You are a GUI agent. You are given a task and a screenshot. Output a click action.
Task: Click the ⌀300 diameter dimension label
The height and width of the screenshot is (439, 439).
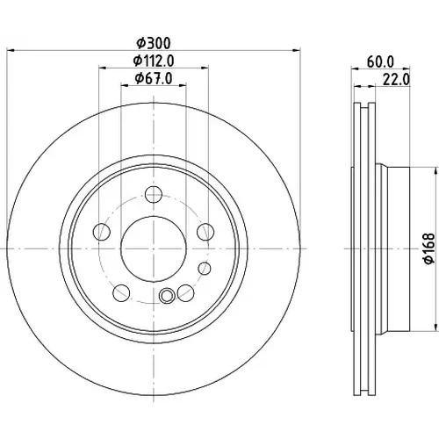[154, 43]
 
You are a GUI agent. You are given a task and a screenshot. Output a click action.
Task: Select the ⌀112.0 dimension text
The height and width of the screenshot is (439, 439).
[154, 61]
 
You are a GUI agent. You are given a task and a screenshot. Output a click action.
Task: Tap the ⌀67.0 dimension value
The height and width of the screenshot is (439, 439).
[154, 78]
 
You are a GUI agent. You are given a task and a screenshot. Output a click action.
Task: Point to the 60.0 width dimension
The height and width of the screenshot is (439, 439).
[380, 61]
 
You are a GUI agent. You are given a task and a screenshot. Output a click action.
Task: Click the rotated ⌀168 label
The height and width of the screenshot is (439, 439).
[429, 248]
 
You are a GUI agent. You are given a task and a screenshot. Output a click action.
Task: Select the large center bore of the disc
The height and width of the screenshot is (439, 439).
[154, 248]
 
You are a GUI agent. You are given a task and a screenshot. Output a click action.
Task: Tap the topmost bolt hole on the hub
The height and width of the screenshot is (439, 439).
[154, 194]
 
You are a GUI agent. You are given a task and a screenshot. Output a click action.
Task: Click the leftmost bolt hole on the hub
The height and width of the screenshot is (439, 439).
[102, 232]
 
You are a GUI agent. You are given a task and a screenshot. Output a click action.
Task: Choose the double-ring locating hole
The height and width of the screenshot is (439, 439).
[167, 295]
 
